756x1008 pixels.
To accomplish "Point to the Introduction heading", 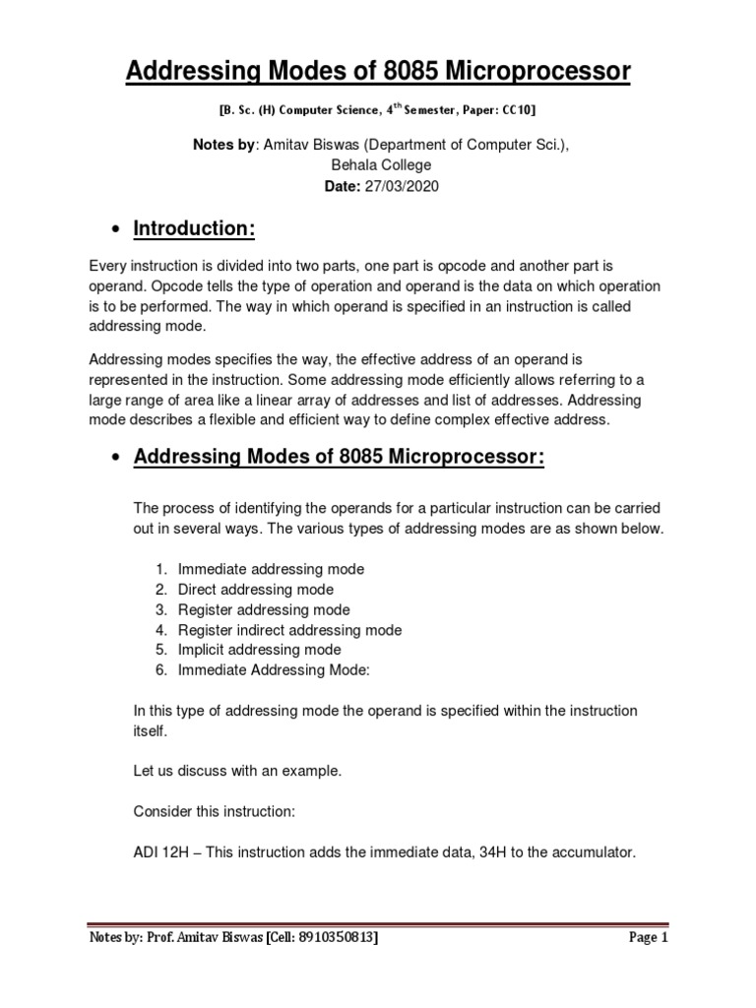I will click(194, 228).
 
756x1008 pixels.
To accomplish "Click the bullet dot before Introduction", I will click(117, 230).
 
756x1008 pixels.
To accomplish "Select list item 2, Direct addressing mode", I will click(255, 590).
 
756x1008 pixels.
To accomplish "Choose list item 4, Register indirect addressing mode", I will click(289, 630).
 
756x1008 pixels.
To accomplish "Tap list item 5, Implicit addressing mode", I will click(259, 650).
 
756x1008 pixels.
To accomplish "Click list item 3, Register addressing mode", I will click(263, 609).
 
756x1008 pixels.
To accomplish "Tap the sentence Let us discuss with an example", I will click(236, 772).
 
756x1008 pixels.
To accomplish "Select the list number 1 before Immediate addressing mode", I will click(160, 569).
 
